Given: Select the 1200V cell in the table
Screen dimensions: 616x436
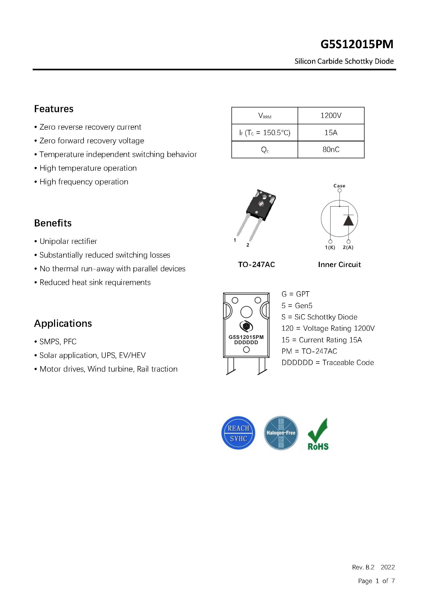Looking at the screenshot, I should (331, 116).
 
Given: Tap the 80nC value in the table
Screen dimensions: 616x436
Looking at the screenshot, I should (331, 149).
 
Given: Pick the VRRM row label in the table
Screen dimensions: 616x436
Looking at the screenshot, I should (264, 116).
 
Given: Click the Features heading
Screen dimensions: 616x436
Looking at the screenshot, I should (54, 109).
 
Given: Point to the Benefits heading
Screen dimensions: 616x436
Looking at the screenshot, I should (53, 223).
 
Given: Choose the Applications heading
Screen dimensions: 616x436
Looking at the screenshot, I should (63, 324).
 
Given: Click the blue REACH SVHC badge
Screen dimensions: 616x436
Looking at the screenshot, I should (238, 433).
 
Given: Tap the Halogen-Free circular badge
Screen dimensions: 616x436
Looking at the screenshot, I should (281, 433).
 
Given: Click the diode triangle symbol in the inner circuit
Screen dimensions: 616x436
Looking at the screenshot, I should (348, 220).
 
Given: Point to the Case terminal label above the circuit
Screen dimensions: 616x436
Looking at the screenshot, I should (339, 186).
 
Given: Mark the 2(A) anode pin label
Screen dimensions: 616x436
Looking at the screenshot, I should (348, 248).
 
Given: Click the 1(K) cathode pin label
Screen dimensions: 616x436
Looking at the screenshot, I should (330, 248).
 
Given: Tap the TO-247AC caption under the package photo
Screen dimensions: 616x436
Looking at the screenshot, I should (256, 265).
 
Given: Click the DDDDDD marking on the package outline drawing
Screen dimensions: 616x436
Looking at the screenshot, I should (246, 343).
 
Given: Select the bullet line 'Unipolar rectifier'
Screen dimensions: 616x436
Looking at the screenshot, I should (68, 242).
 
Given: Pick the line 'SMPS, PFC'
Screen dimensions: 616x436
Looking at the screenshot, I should (58, 342).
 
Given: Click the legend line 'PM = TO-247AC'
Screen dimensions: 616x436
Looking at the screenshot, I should (309, 351).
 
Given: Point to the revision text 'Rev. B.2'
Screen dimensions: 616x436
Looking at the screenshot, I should (363, 567).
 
